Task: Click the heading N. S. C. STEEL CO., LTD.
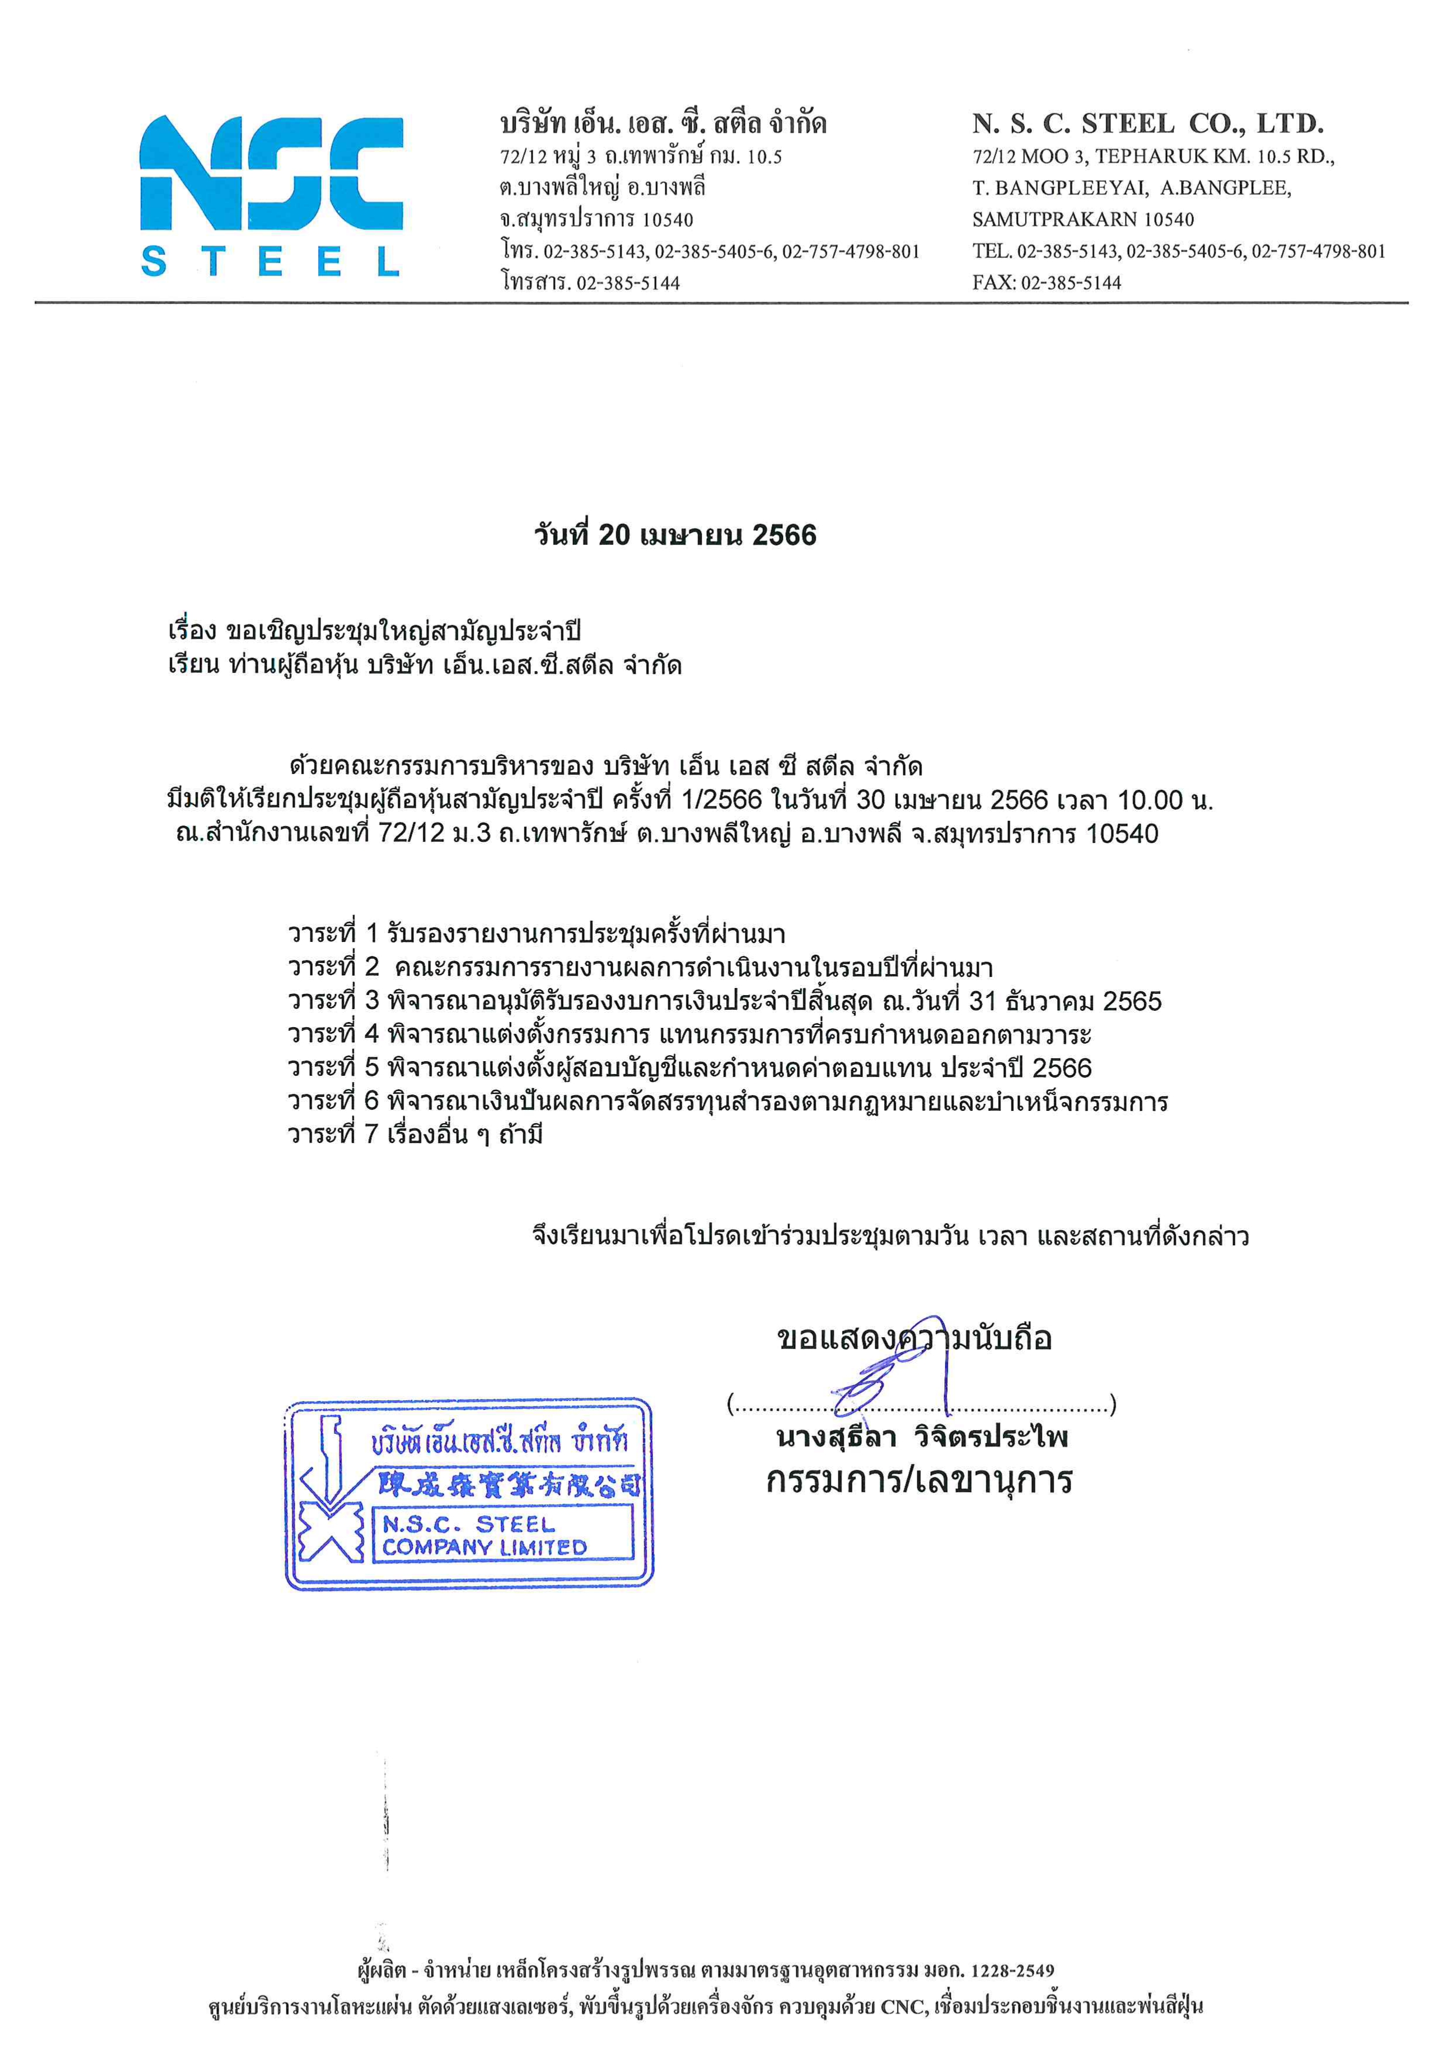point(1148,123)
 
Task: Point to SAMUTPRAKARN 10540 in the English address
point(1083,220)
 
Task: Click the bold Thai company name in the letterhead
point(663,123)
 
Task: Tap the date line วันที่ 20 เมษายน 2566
point(675,535)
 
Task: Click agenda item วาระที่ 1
point(536,934)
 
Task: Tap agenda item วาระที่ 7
point(416,1135)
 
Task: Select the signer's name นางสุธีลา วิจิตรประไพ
point(922,1437)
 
